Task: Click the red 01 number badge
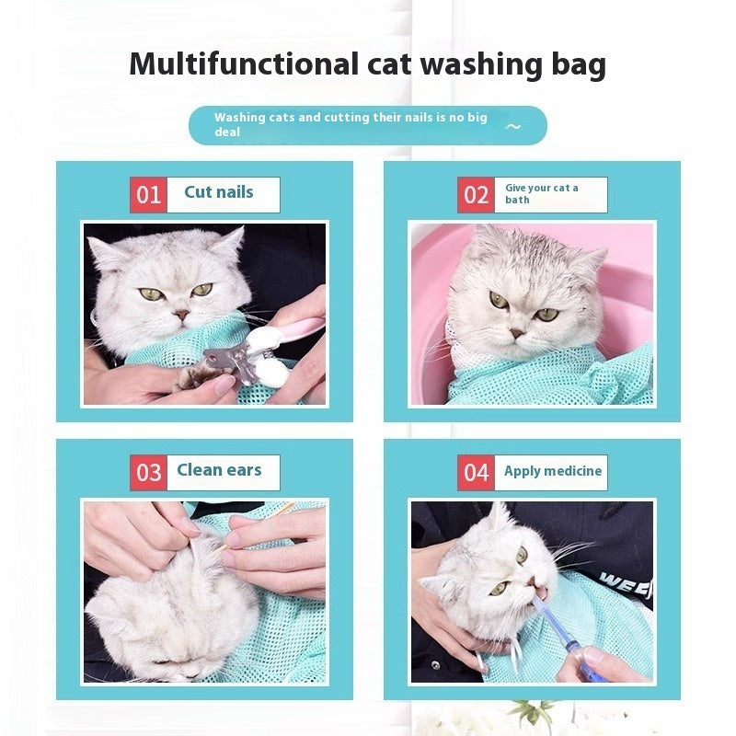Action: click(148, 195)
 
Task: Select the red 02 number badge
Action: click(476, 195)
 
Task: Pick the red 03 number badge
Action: click(148, 473)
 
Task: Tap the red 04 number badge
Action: click(476, 473)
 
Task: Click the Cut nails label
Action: click(219, 192)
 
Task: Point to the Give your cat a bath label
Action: click(543, 193)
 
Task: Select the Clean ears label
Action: click(219, 470)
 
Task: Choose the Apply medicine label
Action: click(552, 471)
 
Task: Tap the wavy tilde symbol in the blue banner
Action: click(513, 126)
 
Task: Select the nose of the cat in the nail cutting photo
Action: click(182, 313)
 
